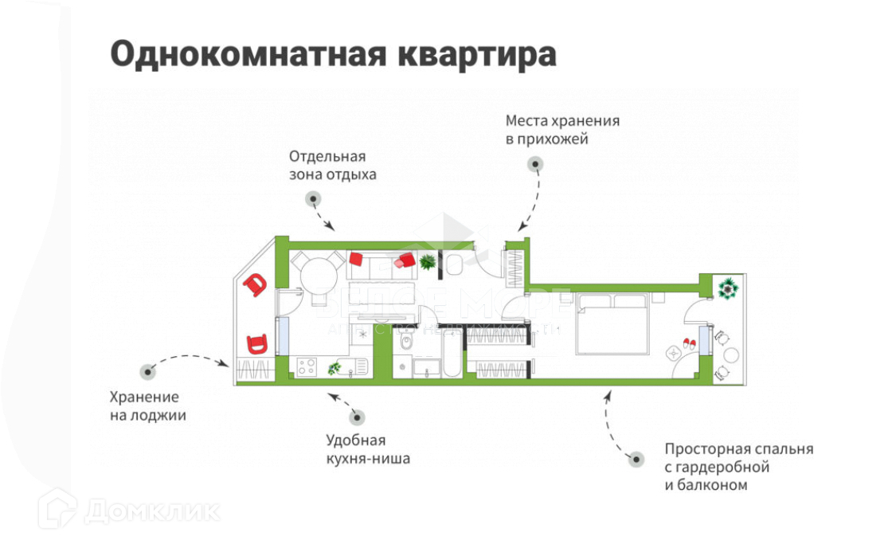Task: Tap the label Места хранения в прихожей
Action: (x=562, y=130)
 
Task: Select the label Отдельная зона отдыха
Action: (x=332, y=165)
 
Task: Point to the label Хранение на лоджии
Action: (x=147, y=406)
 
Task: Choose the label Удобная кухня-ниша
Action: (x=368, y=449)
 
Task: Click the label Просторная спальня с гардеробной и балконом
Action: (x=738, y=466)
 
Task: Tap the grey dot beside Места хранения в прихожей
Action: (x=535, y=164)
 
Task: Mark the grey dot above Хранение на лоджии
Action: (x=147, y=371)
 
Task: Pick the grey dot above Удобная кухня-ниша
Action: (x=357, y=416)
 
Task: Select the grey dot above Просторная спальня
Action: (x=636, y=459)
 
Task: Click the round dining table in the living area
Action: (x=319, y=275)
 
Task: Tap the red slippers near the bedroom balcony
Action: (x=687, y=343)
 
